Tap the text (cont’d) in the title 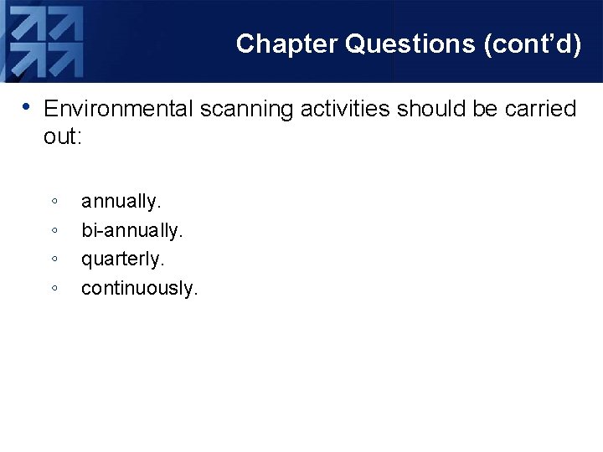pyautogui.click(x=533, y=44)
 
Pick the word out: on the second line pyautogui.click(x=62, y=136)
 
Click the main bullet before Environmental pyautogui.click(x=28, y=108)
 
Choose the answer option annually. pyautogui.click(x=121, y=202)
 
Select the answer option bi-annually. pyautogui.click(x=131, y=230)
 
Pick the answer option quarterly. pyautogui.click(x=122, y=259)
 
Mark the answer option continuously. pyautogui.click(x=139, y=289)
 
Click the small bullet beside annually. pyautogui.click(x=54, y=202)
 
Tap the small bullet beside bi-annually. pyautogui.click(x=54, y=230)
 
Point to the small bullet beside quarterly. pyautogui.click(x=54, y=259)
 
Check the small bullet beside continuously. pyautogui.click(x=54, y=289)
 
